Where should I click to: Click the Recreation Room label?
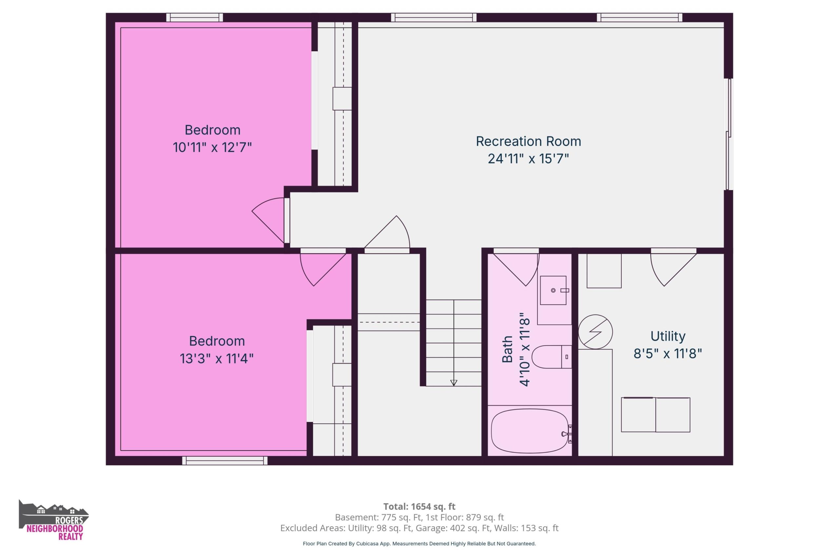[528, 141]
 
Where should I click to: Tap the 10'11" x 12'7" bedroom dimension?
[212, 147]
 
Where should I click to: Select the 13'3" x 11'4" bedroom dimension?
[217, 358]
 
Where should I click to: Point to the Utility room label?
[668, 336]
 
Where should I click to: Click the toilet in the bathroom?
[552, 357]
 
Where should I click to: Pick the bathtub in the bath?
[530, 431]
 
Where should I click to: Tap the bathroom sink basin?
[553, 290]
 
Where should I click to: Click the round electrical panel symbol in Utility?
[595, 332]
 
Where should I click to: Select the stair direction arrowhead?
[454, 383]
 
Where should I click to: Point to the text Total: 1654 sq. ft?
[419, 506]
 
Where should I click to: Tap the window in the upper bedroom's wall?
[194, 17]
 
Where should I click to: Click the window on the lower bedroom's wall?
[225, 461]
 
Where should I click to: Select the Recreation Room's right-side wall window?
[729, 134]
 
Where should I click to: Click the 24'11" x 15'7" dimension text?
[528, 158]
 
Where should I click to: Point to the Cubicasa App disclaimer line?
[419, 544]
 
